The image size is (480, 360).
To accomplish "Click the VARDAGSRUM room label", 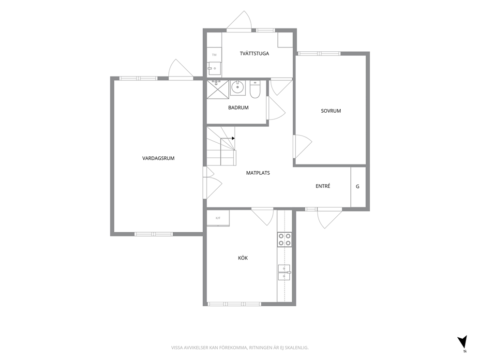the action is tap(158, 158).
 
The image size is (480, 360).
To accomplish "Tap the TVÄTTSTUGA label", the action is tap(255, 53).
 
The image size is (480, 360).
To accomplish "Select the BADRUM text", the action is tap(238, 107).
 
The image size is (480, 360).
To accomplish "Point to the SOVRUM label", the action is tap(330, 111).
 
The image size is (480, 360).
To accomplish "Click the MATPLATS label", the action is tap(258, 173).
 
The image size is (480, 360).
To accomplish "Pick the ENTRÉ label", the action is tap(323, 186).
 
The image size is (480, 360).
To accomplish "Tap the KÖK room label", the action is tap(243, 258).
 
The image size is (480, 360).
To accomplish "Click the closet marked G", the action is tap(358, 187).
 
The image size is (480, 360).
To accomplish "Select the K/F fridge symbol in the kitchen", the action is tap(218, 218).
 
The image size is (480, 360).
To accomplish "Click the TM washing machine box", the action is tap(214, 55).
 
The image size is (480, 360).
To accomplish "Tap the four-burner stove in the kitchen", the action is tap(285, 240).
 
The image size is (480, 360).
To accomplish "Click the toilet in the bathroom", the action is tap(255, 90).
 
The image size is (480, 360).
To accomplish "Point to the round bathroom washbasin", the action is tap(237, 88).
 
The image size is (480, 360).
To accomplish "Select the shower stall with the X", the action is tap(218, 90).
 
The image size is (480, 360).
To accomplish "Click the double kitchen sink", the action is tap(284, 273).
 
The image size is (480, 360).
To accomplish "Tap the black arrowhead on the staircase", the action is tap(233, 138).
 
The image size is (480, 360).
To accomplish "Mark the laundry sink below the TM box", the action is tap(214, 69).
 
